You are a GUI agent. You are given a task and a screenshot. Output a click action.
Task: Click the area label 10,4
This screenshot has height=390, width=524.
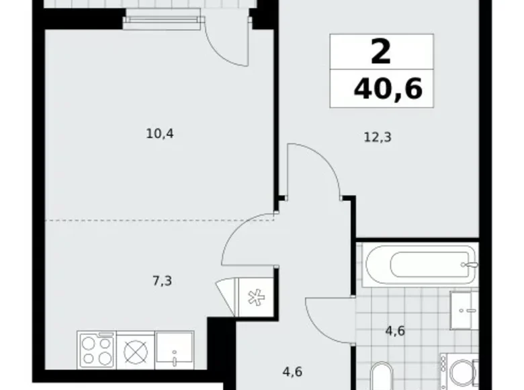[x=160, y=133]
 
